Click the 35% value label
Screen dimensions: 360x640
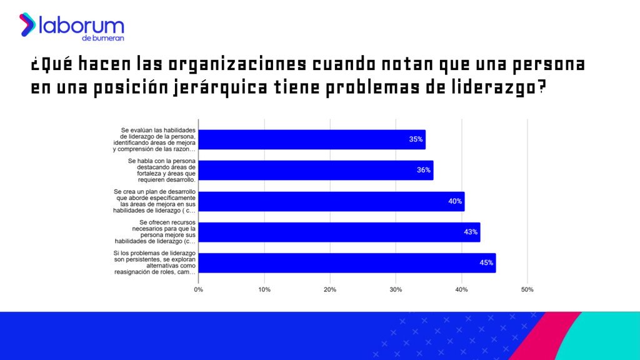(x=416, y=139)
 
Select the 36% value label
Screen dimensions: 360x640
(x=423, y=170)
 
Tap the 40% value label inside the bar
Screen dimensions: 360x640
(x=454, y=201)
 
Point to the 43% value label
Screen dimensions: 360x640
(x=470, y=232)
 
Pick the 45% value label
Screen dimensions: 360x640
(x=486, y=262)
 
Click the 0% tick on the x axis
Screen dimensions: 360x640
(x=199, y=289)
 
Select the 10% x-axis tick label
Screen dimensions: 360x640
(x=264, y=289)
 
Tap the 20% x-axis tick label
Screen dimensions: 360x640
(x=330, y=289)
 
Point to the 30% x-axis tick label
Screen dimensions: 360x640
(x=396, y=289)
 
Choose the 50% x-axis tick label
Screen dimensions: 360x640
(x=527, y=289)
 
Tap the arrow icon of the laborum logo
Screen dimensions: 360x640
(x=27, y=24)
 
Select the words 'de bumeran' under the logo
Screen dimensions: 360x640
(x=107, y=39)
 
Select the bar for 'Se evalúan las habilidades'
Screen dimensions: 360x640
(x=312, y=139)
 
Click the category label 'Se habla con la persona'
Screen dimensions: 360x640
(x=162, y=170)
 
